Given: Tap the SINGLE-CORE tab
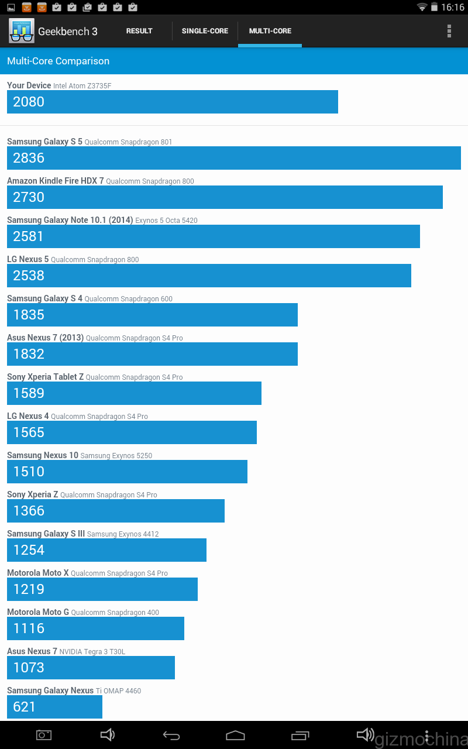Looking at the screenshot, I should coord(205,31).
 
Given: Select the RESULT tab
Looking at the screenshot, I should coord(139,31).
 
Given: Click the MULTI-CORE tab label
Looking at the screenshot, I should coord(270,31).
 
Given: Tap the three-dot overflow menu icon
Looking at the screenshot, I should coord(449,31).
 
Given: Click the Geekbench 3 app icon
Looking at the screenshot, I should coord(22,31).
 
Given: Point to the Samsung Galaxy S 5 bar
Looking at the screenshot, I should coord(234,158).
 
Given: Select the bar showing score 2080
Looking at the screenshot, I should coord(173,102).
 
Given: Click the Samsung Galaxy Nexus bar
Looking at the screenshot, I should coord(54,707).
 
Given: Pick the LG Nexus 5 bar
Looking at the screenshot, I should coord(209,276).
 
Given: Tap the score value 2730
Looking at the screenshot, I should coord(29,197).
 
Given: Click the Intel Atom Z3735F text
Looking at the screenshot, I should coord(82,86).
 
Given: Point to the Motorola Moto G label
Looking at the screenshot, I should coord(38,612).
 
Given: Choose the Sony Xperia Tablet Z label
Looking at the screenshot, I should coord(45,377).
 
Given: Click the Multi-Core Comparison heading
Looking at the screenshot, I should coord(58,61).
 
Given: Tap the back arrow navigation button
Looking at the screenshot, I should coord(171,735).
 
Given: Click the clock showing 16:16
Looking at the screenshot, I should coord(453,8).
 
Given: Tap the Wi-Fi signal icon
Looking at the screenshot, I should coord(422,7).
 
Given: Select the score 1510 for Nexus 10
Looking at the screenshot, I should coord(29,472).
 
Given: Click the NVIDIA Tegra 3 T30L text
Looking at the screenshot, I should coord(92,652).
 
